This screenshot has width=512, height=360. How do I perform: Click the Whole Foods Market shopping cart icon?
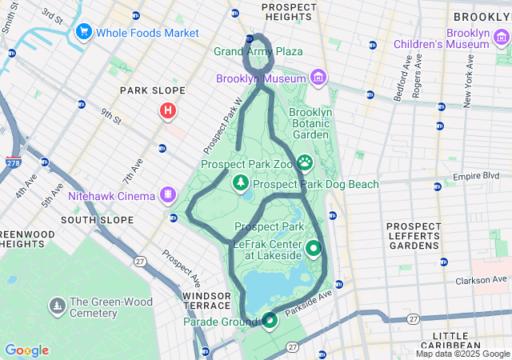pos(83,32)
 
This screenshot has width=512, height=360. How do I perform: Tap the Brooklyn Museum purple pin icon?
pos(318,78)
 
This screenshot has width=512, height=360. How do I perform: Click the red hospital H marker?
pos(168,110)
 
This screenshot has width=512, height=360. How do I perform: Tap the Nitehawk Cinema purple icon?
pos(168,194)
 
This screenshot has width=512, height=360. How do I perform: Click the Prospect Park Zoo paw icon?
pos(306,164)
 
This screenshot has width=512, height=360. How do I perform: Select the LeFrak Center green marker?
pos(313,249)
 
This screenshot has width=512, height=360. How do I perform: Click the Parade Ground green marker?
pos(269,321)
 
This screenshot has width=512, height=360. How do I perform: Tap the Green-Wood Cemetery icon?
pos(58,306)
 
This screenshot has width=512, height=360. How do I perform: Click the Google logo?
pos(26,350)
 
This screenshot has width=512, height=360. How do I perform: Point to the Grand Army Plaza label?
pos(258,51)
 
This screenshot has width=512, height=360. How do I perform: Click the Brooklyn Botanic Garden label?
pos(310,124)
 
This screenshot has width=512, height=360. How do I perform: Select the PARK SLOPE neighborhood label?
pos(152,90)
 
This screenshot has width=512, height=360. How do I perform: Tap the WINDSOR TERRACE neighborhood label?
pos(206,302)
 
